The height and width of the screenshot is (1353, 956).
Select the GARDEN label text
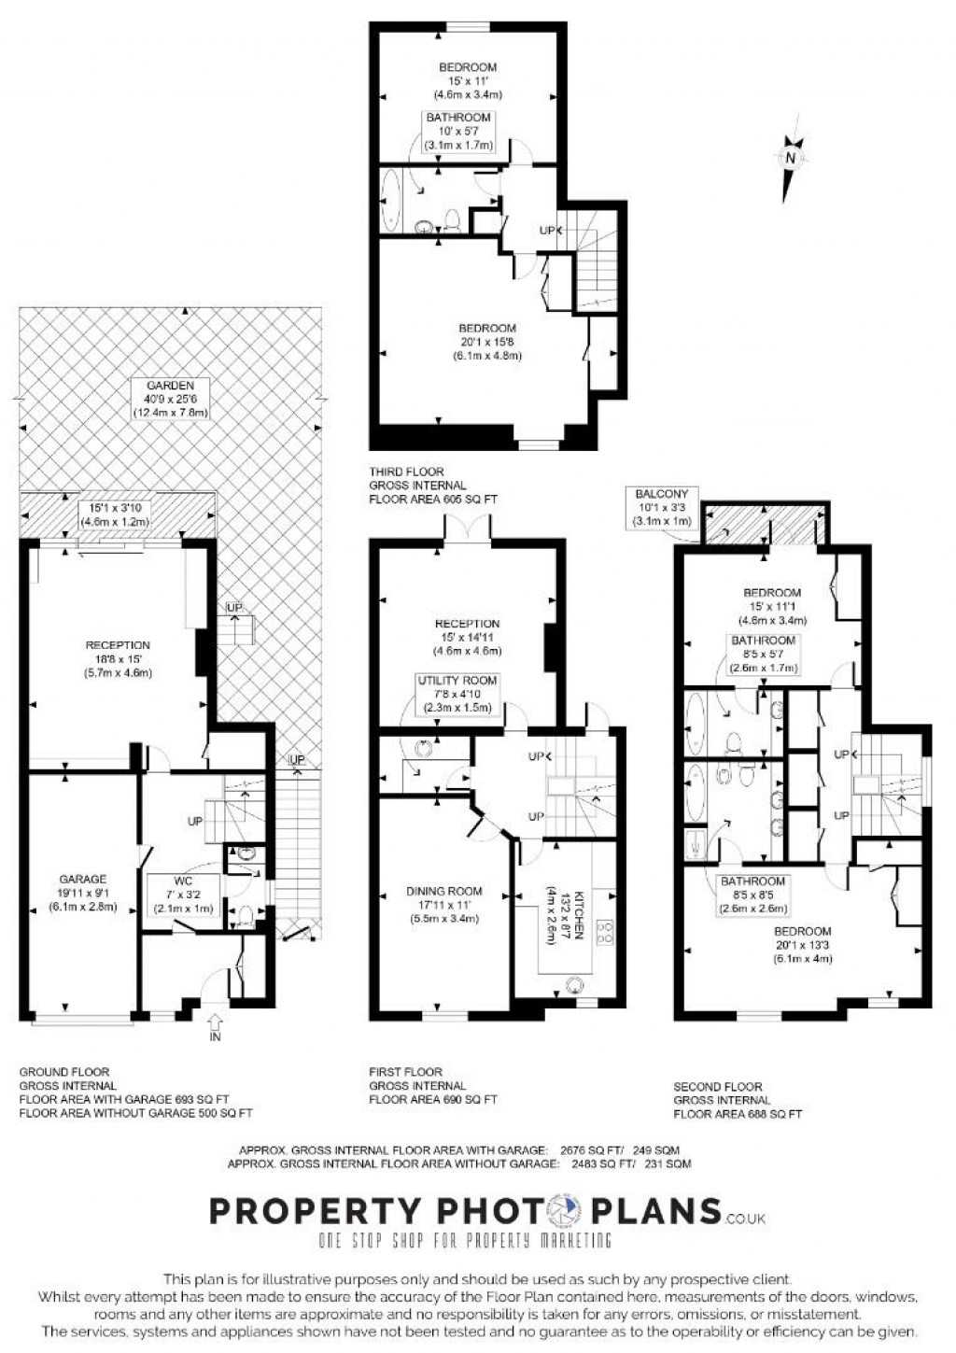click(x=170, y=386)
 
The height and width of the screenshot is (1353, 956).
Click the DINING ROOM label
click(x=443, y=891)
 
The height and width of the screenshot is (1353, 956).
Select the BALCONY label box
click(x=662, y=507)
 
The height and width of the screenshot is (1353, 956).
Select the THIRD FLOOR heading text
click(x=406, y=472)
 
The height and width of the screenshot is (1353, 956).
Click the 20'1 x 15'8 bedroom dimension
click(x=487, y=342)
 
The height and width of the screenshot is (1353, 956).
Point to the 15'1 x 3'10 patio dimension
click(x=116, y=508)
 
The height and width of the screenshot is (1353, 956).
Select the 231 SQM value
click(x=668, y=1163)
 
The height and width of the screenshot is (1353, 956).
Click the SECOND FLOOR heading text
click(x=718, y=1087)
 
